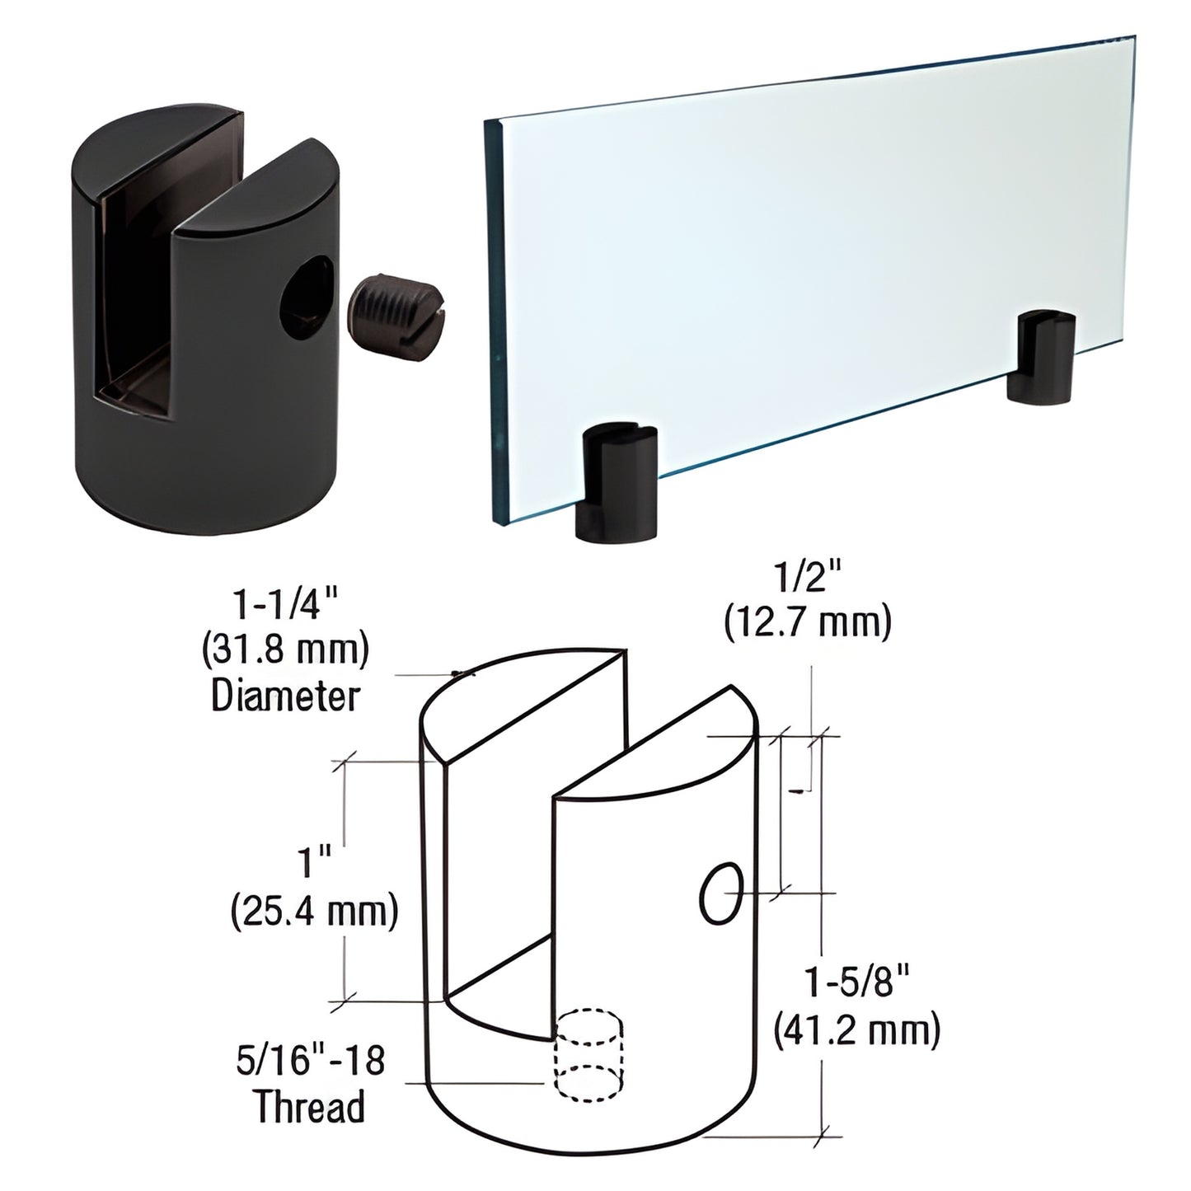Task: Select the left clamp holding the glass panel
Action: [618, 483]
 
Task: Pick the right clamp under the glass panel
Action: [1043, 357]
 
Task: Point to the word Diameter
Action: [286, 697]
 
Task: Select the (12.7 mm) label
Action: [807, 623]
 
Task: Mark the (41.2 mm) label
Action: [857, 1030]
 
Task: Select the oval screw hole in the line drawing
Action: [720, 893]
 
